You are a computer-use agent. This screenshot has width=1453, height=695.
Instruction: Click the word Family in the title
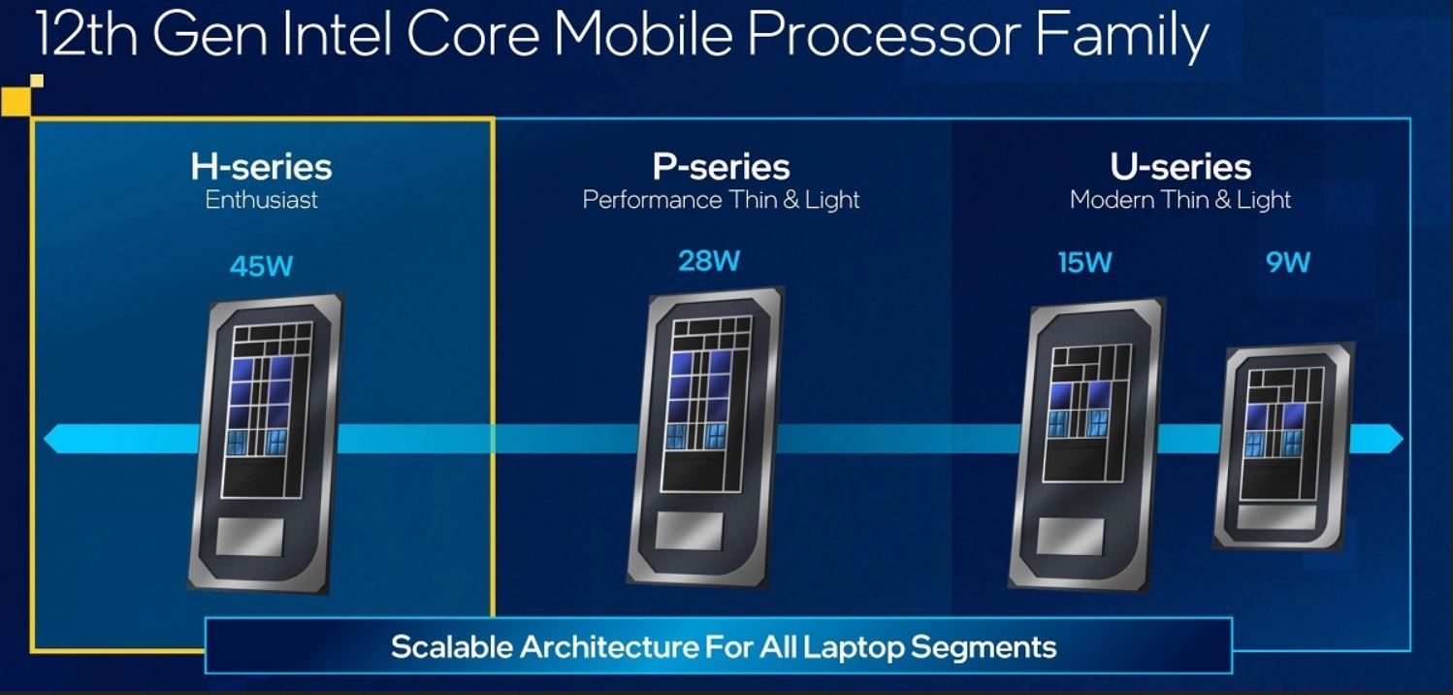(x=1122, y=38)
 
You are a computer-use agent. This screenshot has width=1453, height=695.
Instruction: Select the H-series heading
(x=262, y=167)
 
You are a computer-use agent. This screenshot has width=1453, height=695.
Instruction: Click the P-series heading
(x=722, y=167)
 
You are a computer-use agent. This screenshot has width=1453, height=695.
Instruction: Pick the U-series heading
(x=1180, y=167)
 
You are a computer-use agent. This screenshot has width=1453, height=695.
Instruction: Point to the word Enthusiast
(x=262, y=200)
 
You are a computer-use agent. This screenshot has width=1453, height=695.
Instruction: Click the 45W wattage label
(x=262, y=266)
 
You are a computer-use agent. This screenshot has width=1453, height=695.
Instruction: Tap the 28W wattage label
(x=709, y=261)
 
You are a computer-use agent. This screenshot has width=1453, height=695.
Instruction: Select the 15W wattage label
(x=1084, y=263)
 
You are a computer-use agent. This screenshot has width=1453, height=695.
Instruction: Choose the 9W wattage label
(x=1287, y=262)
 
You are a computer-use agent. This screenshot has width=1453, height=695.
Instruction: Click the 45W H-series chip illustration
(x=266, y=444)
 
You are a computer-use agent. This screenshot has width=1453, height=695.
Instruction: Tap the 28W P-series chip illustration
(x=706, y=437)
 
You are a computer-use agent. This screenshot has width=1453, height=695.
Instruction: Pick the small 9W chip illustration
(x=1284, y=447)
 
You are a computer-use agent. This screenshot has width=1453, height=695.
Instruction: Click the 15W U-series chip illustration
(x=1087, y=445)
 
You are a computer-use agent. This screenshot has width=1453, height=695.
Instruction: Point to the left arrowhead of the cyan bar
(x=54, y=439)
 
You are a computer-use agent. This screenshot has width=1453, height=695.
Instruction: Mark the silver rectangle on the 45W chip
(x=249, y=537)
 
